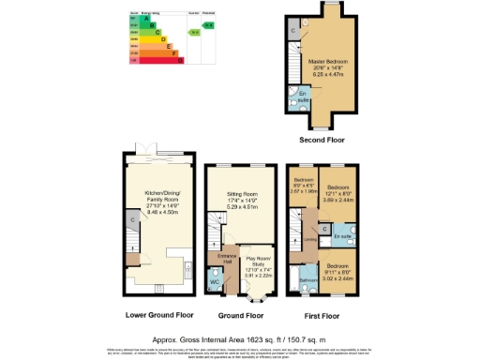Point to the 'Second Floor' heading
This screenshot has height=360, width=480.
[322, 140]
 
